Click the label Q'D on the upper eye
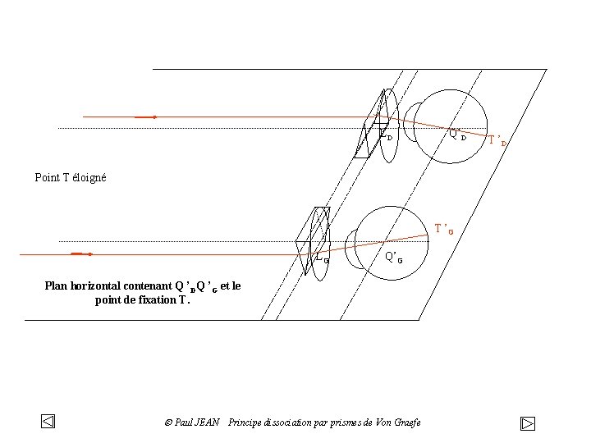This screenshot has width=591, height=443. [x=457, y=135]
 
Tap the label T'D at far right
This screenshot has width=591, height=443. [x=497, y=140]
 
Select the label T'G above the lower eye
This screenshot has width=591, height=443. [x=444, y=229]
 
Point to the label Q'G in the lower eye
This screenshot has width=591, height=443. [x=394, y=257]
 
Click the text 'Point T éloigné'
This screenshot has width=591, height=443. [x=71, y=177]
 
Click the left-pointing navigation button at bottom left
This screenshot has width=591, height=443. [x=48, y=422]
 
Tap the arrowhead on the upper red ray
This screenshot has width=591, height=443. [x=153, y=117]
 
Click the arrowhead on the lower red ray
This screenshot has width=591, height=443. [x=89, y=254]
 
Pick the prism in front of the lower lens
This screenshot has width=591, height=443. [x=313, y=239]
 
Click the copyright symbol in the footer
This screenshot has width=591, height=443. [x=167, y=422]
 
